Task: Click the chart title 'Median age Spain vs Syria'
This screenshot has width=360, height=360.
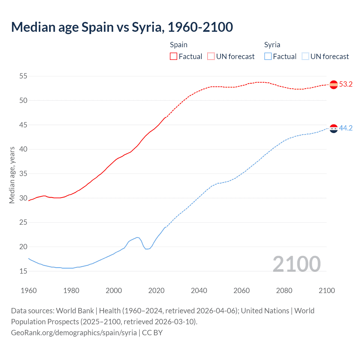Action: (x=122, y=27)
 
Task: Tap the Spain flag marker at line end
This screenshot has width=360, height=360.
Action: (x=334, y=85)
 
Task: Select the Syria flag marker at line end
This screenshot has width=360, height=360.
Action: (x=334, y=129)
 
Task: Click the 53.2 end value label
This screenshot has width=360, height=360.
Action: (x=346, y=84)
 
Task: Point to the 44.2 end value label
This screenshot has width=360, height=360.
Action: (x=346, y=128)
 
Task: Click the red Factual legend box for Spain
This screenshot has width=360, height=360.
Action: (x=174, y=57)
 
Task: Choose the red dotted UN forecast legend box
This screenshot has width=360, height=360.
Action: (x=211, y=57)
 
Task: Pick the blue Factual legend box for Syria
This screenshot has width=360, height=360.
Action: (x=268, y=57)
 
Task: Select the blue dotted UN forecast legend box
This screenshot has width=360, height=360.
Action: (x=305, y=57)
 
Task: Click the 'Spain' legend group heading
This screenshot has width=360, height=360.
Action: (x=179, y=45)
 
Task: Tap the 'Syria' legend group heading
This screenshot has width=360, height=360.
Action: (x=272, y=45)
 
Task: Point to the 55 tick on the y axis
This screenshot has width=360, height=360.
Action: (x=23, y=76)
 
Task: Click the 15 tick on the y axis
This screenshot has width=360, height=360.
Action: (x=23, y=271)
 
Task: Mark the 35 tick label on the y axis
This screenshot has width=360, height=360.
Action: (x=23, y=174)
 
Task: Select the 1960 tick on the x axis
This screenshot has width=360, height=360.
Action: (x=29, y=291)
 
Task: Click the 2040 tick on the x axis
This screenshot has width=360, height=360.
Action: (x=199, y=291)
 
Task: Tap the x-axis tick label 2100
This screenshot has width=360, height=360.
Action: (x=327, y=291)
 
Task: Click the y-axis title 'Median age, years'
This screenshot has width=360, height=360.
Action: (x=12, y=175)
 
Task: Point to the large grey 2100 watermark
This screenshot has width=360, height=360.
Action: (x=296, y=264)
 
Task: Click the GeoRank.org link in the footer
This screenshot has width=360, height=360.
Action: (x=74, y=333)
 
